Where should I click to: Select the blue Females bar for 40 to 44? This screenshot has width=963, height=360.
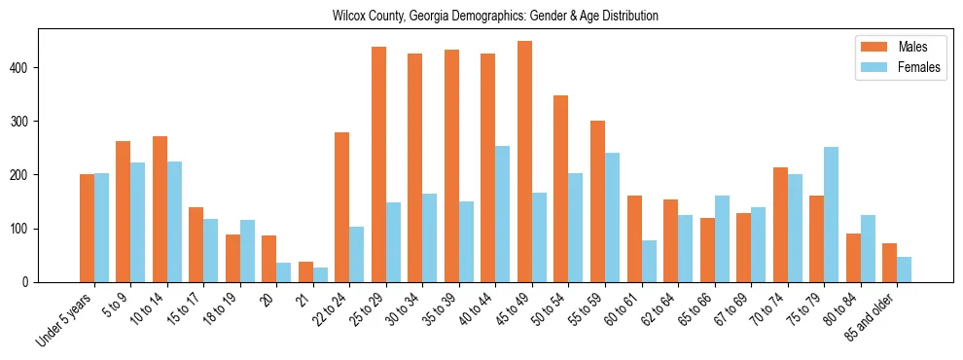(503, 214)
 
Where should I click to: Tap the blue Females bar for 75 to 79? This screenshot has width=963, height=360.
(831, 215)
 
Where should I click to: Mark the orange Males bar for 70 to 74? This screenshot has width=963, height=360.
(780, 225)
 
